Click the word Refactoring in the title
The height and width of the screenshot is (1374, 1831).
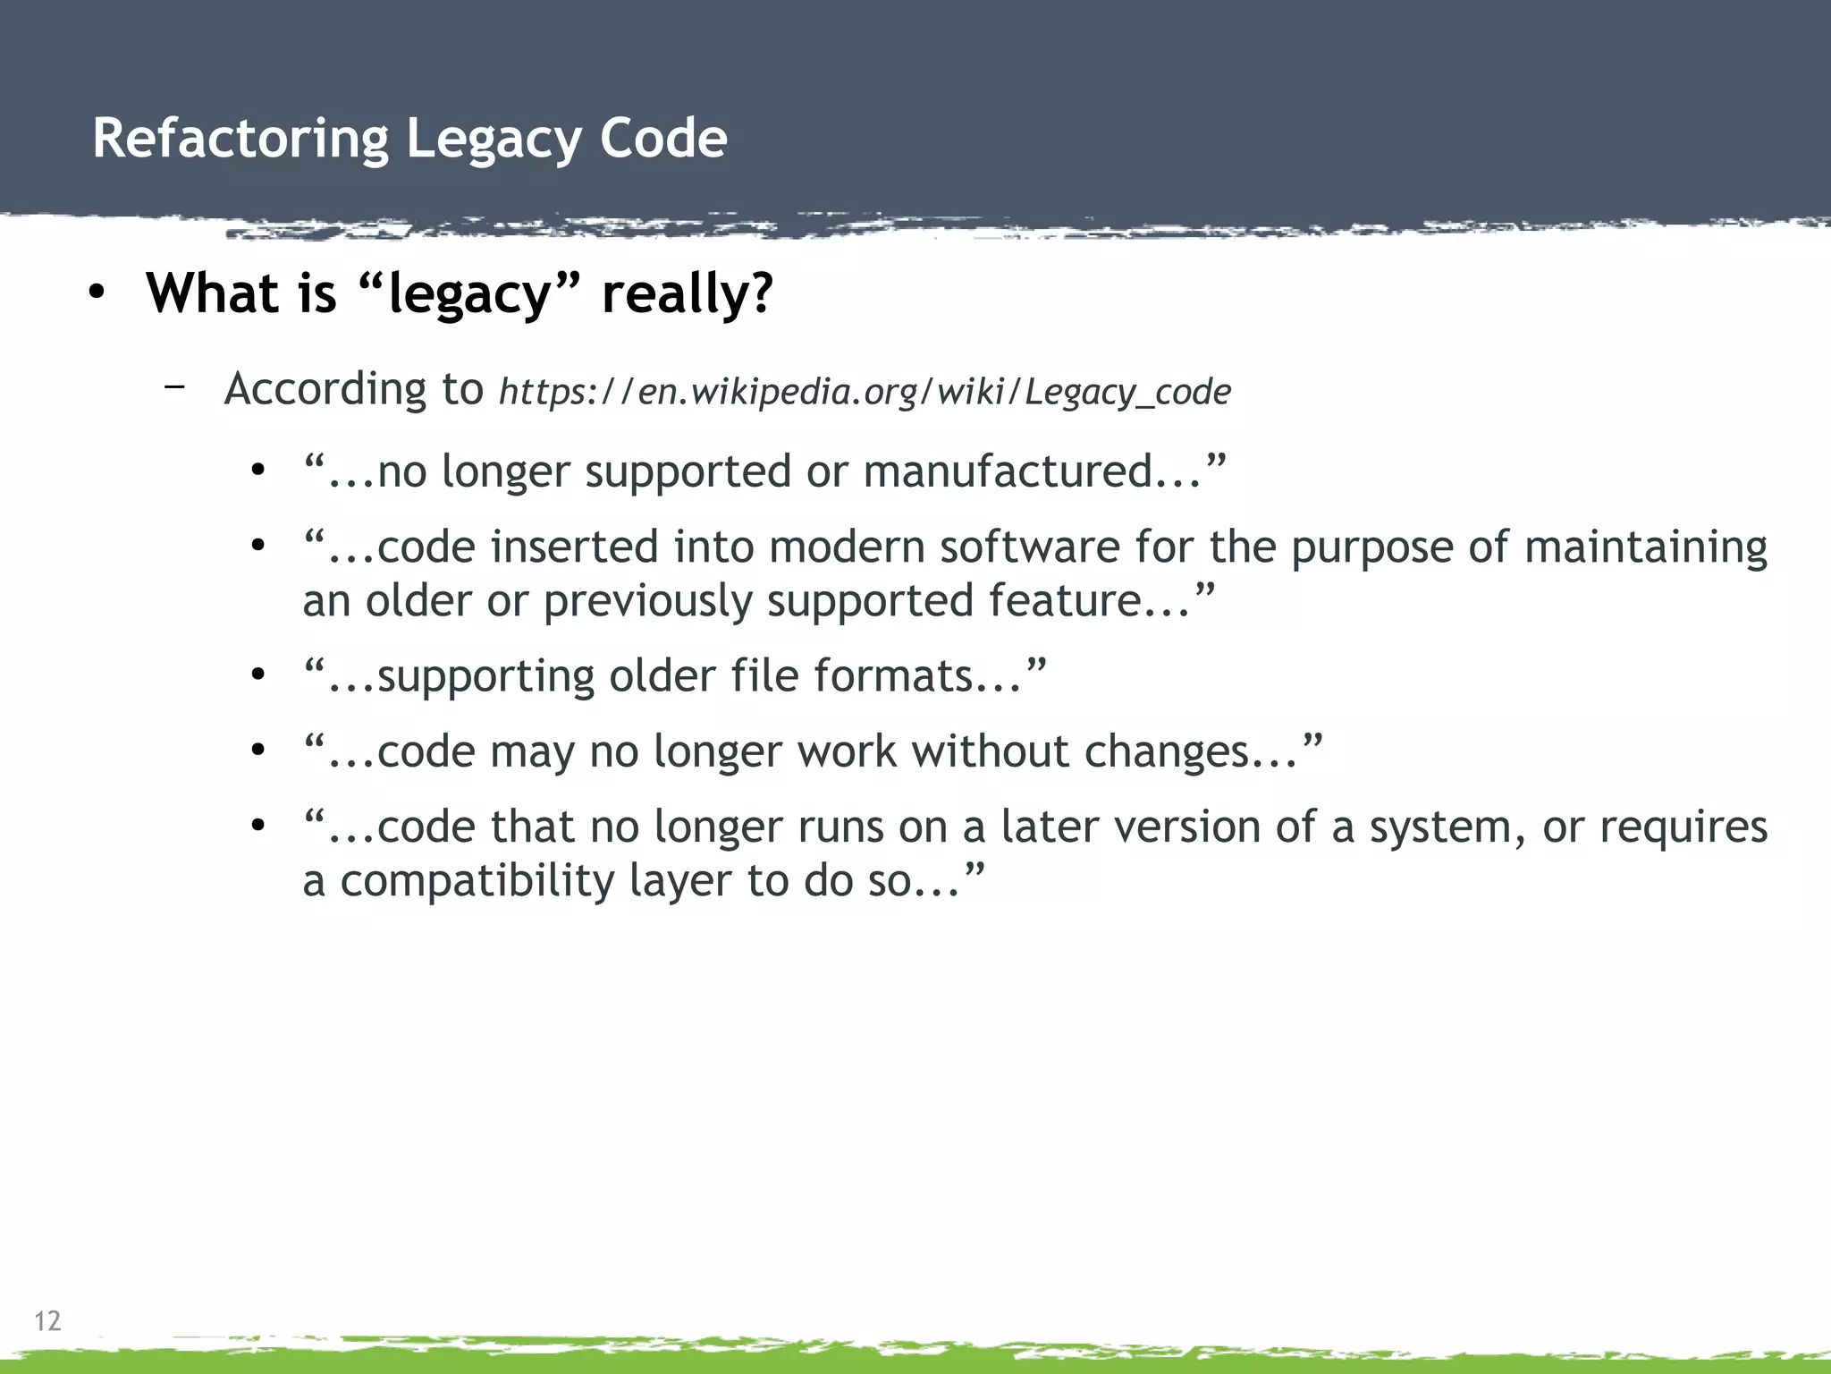[240, 140]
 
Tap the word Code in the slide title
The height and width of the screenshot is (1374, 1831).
[663, 139]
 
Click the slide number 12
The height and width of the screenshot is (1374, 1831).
[47, 1320]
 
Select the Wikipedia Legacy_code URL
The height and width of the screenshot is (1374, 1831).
[865, 392]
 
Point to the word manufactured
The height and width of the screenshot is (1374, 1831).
[1008, 471]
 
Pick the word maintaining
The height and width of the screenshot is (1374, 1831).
[1646, 547]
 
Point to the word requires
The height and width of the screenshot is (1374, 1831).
[1683, 827]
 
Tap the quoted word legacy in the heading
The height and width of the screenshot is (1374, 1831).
[469, 293]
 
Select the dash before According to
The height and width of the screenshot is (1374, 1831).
[174, 386]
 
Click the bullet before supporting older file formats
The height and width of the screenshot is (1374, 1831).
[258, 674]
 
